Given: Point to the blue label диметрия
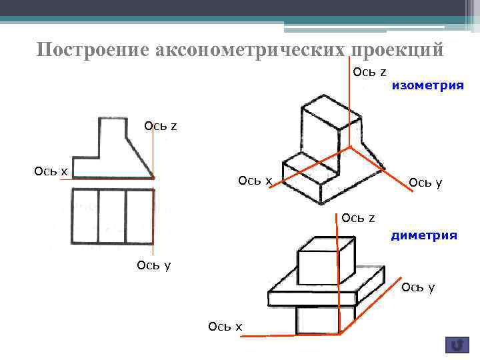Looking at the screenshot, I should click(x=424, y=235).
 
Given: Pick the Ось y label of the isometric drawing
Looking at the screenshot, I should click(x=425, y=183).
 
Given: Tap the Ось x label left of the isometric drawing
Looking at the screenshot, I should click(x=255, y=181).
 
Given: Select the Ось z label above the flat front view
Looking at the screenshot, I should click(x=161, y=125).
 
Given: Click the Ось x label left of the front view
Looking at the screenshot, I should click(x=51, y=171).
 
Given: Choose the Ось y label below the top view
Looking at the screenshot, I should click(x=153, y=265).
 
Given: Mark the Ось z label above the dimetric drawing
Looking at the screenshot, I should click(x=358, y=217).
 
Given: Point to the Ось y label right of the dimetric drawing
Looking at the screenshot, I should click(x=418, y=287).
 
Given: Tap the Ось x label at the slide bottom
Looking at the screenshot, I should click(x=225, y=326).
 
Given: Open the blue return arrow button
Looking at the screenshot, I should click(x=457, y=345).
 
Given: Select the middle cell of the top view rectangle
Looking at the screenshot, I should click(x=112, y=216).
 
